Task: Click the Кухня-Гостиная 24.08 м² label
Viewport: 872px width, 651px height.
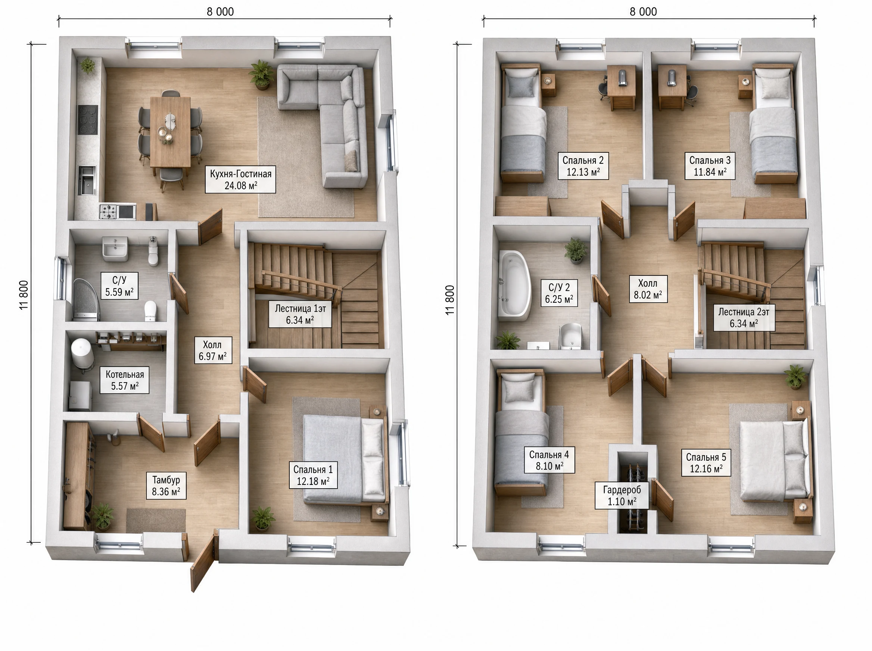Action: click(x=240, y=180)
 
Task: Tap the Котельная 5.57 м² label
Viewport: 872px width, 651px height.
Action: click(x=125, y=380)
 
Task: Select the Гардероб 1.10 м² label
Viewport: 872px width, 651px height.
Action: click(x=622, y=495)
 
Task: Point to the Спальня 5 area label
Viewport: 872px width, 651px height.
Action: click(x=706, y=463)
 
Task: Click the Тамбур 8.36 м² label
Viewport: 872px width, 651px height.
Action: click(x=166, y=486)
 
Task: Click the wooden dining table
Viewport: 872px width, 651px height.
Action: click(x=170, y=131)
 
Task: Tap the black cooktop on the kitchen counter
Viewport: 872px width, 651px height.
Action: click(x=87, y=120)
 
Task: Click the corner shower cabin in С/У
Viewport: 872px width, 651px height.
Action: click(x=86, y=299)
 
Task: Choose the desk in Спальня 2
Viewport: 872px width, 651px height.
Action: click(x=621, y=87)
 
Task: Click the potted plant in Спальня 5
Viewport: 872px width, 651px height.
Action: click(x=795, y=377)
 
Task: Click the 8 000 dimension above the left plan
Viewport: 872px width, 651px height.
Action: click(x=220, y=12)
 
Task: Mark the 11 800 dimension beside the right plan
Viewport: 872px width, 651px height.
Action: click(x=449, y=300)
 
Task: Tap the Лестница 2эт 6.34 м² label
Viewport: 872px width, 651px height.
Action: click(x=744, y=318)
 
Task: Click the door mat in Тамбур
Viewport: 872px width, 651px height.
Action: click(x=156, y=520)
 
